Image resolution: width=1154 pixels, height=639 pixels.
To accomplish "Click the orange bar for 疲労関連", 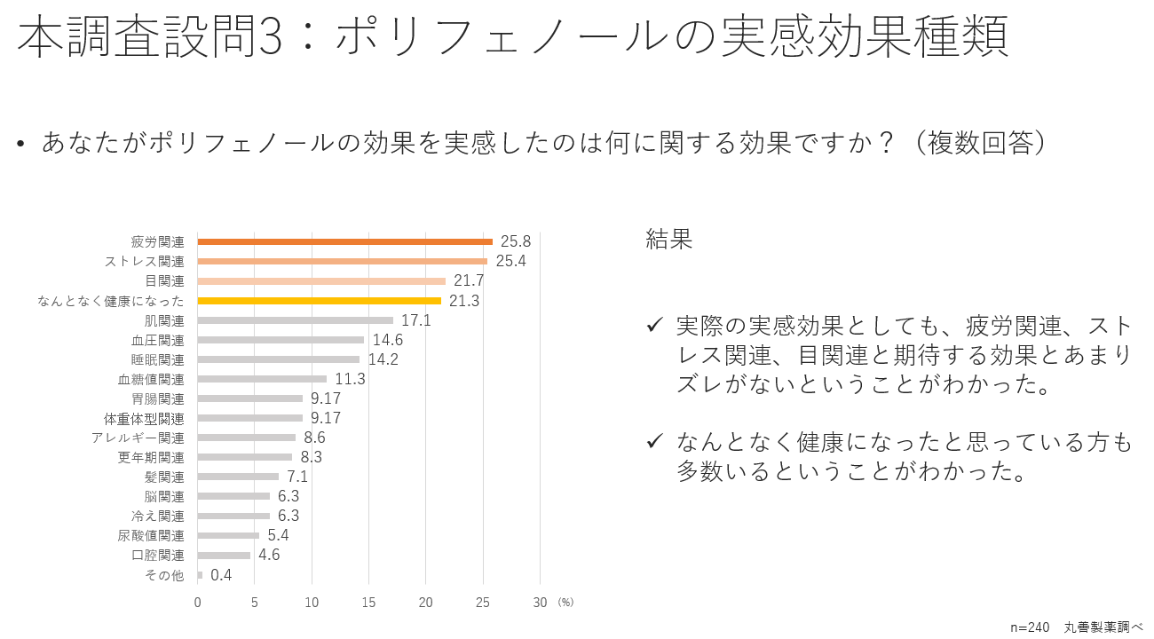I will pyautogui.click(x=344, y=241).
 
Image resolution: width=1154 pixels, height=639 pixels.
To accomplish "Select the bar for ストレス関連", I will pyautogui.click(x=342, y=261).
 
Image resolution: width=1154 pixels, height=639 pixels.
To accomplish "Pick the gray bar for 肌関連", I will pyautogui.click(x=295, y=320).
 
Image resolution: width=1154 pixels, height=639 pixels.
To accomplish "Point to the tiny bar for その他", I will pyautogui.click(x=200, y=575).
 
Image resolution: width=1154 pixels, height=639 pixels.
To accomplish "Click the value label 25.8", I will pyautogui.click(x=515, y=241).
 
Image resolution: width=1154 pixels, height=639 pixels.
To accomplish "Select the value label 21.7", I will pyautogui.click(x=469, y=280).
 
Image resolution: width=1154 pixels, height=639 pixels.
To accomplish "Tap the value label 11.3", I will pyautogui.click(x=350, y=379).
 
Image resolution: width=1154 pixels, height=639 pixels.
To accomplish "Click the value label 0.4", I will pyautogui.click(x=221, y=575).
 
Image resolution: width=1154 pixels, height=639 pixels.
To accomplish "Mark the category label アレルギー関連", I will pyautogui.click(x=138, y=438).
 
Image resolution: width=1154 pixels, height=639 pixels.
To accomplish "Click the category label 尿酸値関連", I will pyautogui.click(x=151, y=535).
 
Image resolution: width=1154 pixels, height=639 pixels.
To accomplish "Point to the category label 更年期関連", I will pyautogui.click(x=151, y=457).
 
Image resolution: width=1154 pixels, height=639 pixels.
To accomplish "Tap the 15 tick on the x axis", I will pyautogui.click(x=368, y=603).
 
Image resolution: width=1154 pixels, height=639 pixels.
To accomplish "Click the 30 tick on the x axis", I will pyautogui.click(x=540, y=603).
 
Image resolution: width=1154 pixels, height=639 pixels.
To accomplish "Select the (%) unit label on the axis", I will pyautogui.click(x=565, y=603).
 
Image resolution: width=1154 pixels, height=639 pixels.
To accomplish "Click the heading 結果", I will pyautogui.click(x=668, y=239).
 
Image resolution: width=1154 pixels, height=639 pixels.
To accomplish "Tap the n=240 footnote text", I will pyautogui.click(x=1030, y=627).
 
